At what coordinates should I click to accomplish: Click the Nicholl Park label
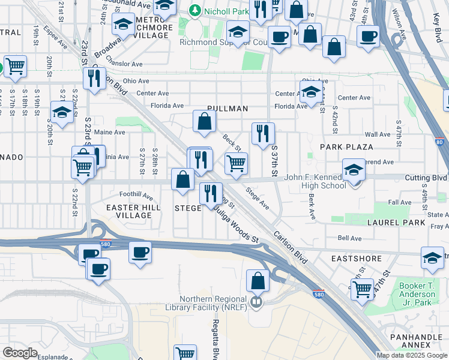[x=224, y=10]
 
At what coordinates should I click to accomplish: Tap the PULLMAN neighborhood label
[x=228, y=109]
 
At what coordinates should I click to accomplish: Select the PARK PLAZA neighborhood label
[x=346, y=146]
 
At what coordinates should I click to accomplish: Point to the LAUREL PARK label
[x=396, y=223]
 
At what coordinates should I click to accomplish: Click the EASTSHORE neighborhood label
[x=357, y=259]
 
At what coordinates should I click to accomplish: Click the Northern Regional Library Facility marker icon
[x=256, y=301]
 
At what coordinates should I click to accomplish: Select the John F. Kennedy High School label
[x=315, y=181]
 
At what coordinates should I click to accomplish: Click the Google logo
[x=20, y=352]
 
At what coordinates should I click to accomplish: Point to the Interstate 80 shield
[x=441, y=142]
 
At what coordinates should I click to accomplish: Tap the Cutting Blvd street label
[x=427, y=178]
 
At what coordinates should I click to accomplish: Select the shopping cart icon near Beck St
[x=237, y=163]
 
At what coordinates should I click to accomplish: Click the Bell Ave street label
[x=349, y=238]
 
